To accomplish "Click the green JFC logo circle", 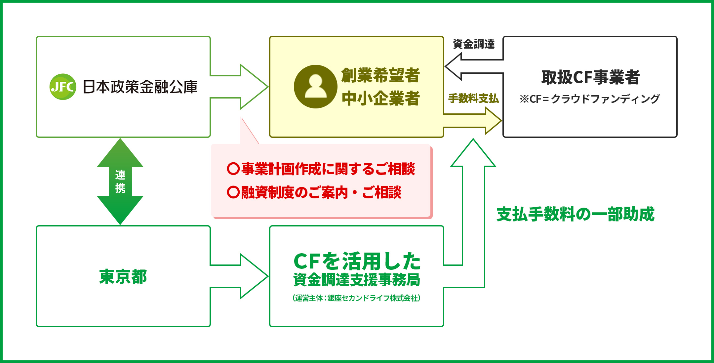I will tap(63, 87).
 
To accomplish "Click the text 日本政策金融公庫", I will tap(140, 87).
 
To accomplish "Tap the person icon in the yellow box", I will tap(315, 87).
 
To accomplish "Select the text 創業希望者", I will tap(380, 75).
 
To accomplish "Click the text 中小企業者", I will tap(380, 99).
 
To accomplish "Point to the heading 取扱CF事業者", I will tap(590, 77).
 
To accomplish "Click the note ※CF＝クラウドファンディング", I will tap(589, 99).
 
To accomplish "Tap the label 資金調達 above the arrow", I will tap(473, 44).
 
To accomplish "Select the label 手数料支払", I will tap(473, 98).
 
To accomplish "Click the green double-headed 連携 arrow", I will tap(120, 181).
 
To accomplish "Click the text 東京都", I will tap(123, 277).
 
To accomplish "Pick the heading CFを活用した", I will tap(357, 261).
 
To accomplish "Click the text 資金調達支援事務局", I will tap(357, 280).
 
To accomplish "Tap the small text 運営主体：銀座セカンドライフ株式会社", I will tap(356, 298).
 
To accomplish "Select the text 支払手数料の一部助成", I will tap(575, 214).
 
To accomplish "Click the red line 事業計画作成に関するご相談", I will tap(321, 169).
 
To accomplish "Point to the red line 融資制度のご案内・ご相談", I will tap(314, 192).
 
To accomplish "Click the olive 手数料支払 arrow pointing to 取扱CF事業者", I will tap(476, 121).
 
